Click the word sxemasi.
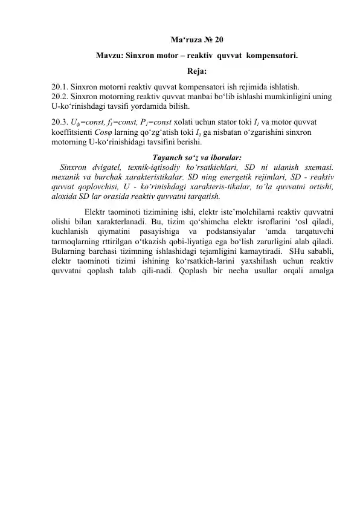pyautogui.click(x=318, y=165)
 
